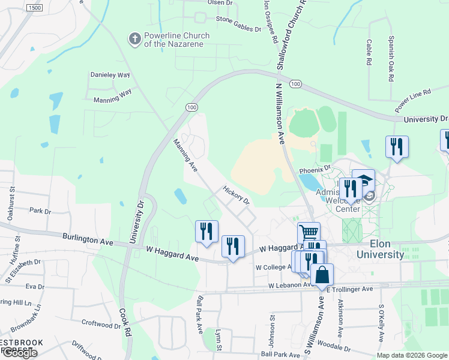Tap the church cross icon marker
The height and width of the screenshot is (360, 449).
point(135,40)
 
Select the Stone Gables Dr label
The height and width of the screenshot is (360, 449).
point(238,28)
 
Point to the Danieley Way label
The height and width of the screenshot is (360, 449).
point(110,75)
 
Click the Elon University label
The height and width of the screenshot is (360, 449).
point(380,249)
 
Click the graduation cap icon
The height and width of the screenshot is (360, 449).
point(363,180)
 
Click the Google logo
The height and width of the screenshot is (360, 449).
point(19,353)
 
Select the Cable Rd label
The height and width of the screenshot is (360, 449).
point(369,54)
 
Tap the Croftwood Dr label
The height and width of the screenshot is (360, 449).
point(101,325)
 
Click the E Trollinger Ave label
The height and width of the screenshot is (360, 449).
point(350,289)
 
